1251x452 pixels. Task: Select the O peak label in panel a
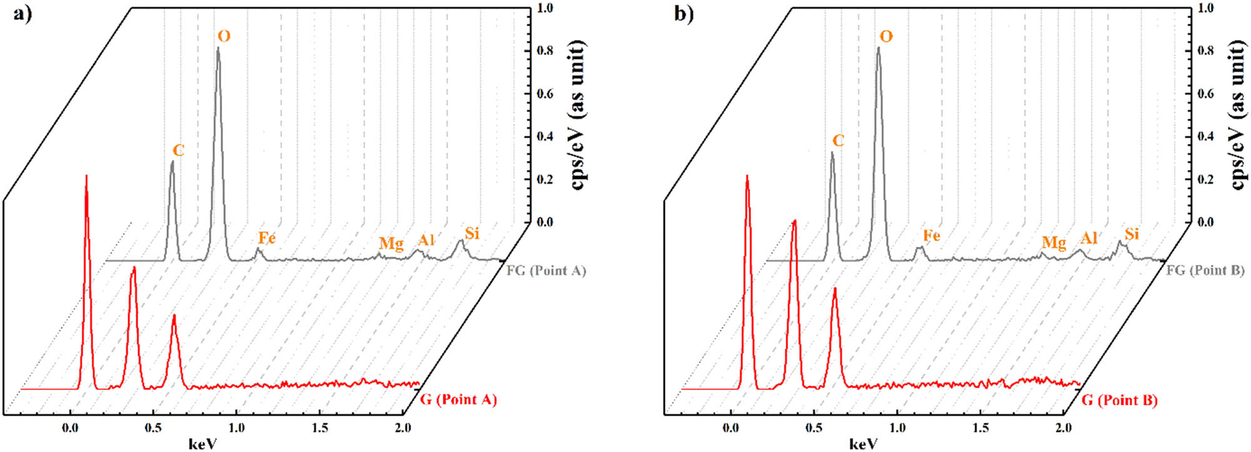click(x=223, y=36)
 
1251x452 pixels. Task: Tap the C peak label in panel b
click(x=838, y=141)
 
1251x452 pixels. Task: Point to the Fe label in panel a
click(x=266, y=238)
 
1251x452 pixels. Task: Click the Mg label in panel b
click(x=1053, y=243)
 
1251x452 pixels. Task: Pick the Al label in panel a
click(x=426, y=240)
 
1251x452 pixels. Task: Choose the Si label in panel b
click(x=1132, y=234)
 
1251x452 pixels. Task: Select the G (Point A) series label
click(x=458, y=399)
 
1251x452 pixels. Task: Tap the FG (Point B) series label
click(x=1205, y=271)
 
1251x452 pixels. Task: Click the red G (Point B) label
click(x=1119, y=400)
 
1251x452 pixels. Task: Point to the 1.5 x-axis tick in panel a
click(x=320, y=428)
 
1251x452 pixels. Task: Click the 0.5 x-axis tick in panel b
click(x=814, y=428)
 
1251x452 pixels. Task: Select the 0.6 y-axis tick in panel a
click(x=545, y=94)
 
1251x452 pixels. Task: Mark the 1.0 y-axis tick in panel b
click(x=1205, y=8)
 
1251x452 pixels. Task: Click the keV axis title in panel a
click(x=203, y=444)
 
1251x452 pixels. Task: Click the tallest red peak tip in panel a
click(x=86, y=176)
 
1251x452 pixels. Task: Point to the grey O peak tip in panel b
click(x=878, y=48)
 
